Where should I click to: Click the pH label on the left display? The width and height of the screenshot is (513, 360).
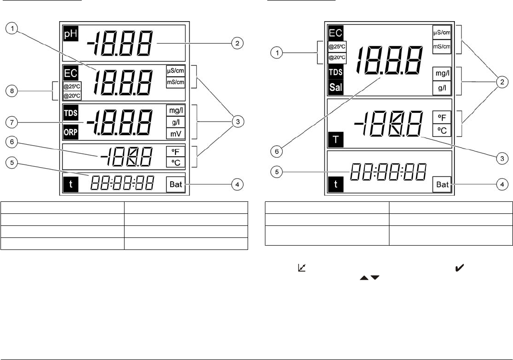[70, 35]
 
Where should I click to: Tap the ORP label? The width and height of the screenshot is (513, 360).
[70, 132]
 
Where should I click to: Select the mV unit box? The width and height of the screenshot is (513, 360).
[175, 132]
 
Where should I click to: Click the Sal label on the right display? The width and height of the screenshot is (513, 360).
[336, 88]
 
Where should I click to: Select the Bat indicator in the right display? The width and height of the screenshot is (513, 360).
[442, 184]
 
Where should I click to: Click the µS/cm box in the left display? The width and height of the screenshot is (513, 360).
[175, 70]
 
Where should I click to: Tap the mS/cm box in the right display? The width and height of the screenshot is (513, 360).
[442, 46]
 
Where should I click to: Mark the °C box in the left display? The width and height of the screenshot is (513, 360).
[175, 162]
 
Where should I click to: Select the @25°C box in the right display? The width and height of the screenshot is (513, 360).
[337, 47]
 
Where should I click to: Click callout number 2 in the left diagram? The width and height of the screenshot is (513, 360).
[236, 43]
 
